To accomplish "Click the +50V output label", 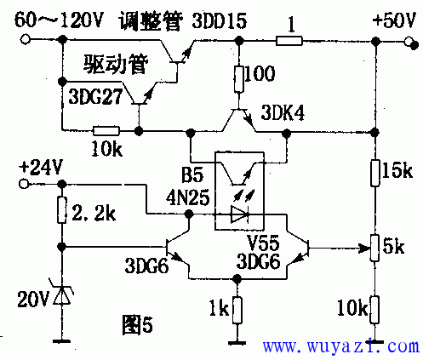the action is point(395,20).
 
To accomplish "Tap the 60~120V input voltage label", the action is point(58,20).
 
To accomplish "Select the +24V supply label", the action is point(40,168).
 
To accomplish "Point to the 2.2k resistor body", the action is point(62,210).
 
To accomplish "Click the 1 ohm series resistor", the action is point(289,41).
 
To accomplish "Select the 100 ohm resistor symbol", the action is point(239,79).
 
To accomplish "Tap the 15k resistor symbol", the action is point(375,173).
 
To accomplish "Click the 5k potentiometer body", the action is point(374,248).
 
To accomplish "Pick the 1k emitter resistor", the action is point(237,310).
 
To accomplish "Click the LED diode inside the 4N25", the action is point(240,214).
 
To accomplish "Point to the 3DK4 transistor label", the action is point(283,112).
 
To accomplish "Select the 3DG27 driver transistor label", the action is point(95,96).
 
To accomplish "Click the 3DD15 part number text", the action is point(220,20).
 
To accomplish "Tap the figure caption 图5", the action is point(137,325).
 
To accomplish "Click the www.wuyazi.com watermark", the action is point(340,346).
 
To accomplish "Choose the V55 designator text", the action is point(263,243).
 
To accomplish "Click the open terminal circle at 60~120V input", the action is point(26,39).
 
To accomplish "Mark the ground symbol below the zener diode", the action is point(62,341).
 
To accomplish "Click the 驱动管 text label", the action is point(116,64).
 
